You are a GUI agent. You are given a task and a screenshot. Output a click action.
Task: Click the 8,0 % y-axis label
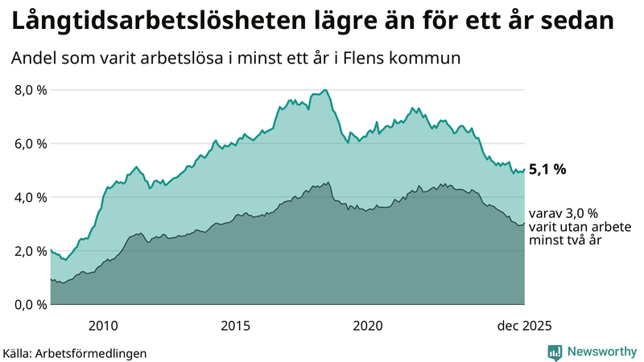coord(31,90)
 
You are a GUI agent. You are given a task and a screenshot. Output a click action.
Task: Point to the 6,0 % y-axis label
coord(31,144)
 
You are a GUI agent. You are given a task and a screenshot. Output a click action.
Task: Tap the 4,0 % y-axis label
coord(31,197)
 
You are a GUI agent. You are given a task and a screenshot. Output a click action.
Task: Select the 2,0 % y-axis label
coord(31,251)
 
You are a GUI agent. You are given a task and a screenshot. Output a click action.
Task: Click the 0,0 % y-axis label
coord(31,304)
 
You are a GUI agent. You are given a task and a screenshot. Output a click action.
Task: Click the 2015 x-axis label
coord(235,326)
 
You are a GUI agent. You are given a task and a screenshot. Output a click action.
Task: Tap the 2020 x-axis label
coord(367,326)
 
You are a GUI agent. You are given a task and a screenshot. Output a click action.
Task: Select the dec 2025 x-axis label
coord(523,326)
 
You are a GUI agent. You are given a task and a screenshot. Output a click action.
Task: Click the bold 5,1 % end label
coord(548,170)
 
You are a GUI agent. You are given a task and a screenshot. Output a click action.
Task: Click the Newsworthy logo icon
coord(555,352)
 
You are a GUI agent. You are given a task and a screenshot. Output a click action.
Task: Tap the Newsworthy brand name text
coord(601,352)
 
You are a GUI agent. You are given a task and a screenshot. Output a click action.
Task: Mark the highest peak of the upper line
coord(324,90)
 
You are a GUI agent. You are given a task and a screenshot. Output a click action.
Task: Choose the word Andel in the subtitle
coord(34,59)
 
